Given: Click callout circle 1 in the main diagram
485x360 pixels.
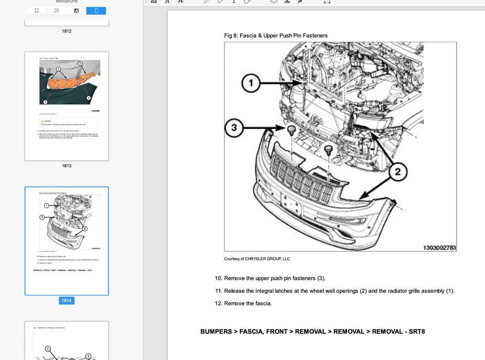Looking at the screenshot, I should click(x=251, y=83).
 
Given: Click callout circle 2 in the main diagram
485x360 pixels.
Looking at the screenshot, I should click(x=398, y=172).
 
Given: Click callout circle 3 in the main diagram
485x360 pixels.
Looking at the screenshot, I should click(x=234, y=127).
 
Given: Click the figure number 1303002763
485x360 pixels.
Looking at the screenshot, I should click(x=439, y=247).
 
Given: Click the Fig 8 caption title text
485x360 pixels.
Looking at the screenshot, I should click(x=276, y=35).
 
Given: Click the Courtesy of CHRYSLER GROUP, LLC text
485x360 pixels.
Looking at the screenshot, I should click(x=257, y=259).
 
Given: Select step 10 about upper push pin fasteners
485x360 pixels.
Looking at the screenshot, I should click(x=270, y=278).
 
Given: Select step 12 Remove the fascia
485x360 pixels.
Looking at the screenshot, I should click(x=244, y=303).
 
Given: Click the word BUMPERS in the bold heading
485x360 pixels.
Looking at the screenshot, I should click(x=216, y=332).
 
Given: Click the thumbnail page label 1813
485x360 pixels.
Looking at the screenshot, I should click(x=67, y=166).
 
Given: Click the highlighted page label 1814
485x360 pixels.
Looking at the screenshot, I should click(x=67, y=300).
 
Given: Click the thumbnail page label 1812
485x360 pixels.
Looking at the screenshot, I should click(x=67, y=31).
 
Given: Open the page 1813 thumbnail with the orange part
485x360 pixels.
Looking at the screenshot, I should click(x=67, y=106).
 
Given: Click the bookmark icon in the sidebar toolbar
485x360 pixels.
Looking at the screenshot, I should click(x=36, y=11).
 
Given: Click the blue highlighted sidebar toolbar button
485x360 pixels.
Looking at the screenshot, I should click(x=96, y=11).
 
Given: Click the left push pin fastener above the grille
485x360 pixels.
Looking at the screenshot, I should click(x=292, y=131).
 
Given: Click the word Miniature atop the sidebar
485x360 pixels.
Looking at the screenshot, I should click(x=66, y=2).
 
